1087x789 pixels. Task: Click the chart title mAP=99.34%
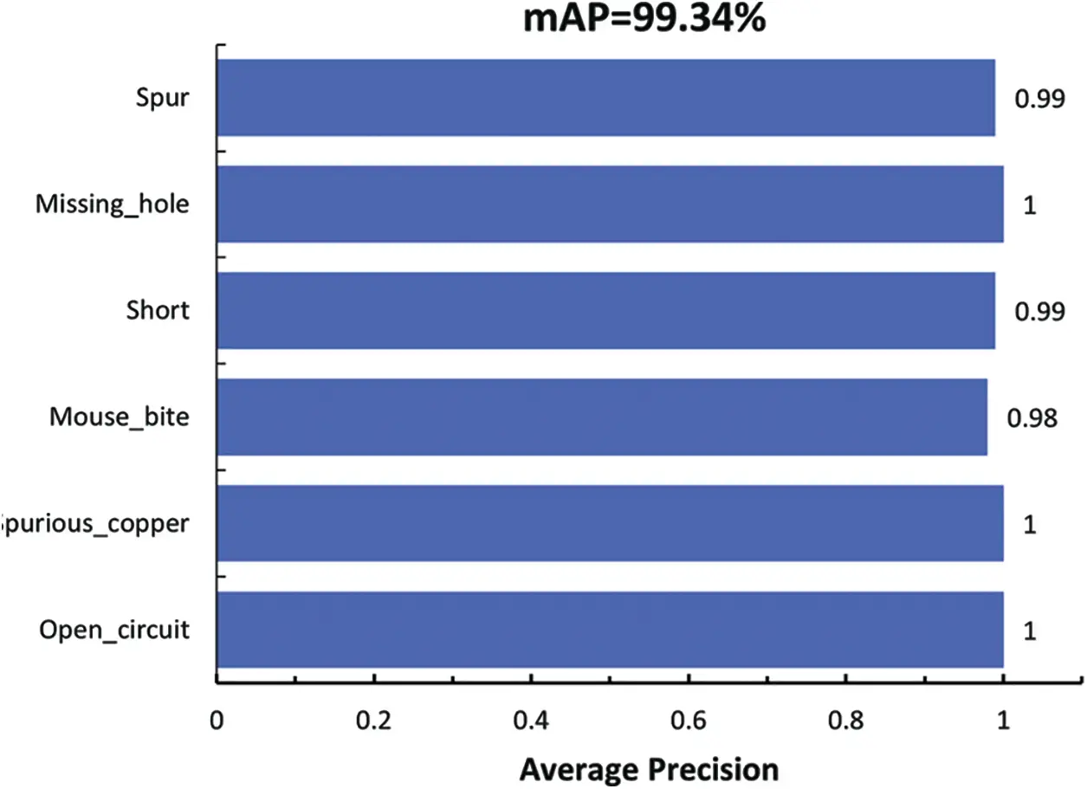pos(644,19)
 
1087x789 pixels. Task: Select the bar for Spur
pos(605,98)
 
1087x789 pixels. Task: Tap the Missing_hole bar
pos(610,204)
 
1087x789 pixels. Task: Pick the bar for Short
pos(605,311)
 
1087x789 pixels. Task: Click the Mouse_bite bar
pos(602,417)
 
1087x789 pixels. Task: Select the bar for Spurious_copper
pos(610,523)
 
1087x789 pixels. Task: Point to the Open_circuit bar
pos(610,630)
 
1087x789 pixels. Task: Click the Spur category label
pos(162,98)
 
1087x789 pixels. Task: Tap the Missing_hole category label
pos(112,205)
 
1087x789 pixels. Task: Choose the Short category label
pos(157,311)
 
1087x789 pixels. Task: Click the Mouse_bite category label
pos(119,417)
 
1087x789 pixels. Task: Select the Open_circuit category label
pos(113,630)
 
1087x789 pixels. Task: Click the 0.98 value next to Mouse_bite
pos(1032,418)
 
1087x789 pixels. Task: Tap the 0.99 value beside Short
pos(1039,312)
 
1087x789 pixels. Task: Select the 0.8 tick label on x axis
pos(845,721)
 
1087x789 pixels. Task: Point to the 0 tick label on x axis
pos(217,721)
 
